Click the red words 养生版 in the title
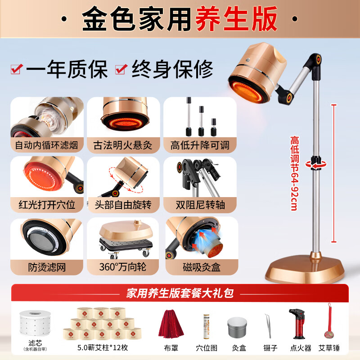click(x=236, y=18)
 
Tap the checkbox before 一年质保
click(x=17, y=69)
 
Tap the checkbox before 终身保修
click(x=121, y=69)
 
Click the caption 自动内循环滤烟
click(x=47, y=145)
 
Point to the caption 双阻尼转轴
click(x=200, y=205)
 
